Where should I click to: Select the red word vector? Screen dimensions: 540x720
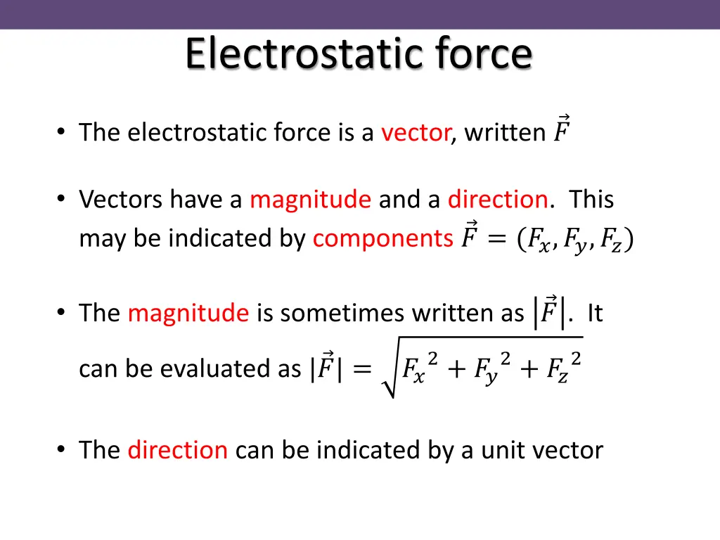click(416, 132)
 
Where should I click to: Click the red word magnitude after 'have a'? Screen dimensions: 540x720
click(310, 200)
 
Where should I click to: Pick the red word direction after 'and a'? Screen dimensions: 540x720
click(498, 200)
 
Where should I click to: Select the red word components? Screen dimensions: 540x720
click(383, 239)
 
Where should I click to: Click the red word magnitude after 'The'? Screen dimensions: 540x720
click(188, 313)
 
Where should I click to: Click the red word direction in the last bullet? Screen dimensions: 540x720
click(177, 450)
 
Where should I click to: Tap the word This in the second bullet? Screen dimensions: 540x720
click(591, 200)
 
